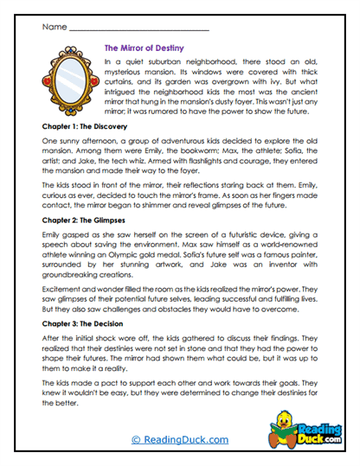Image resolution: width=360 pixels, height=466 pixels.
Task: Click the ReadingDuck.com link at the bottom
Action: (180, 439)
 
